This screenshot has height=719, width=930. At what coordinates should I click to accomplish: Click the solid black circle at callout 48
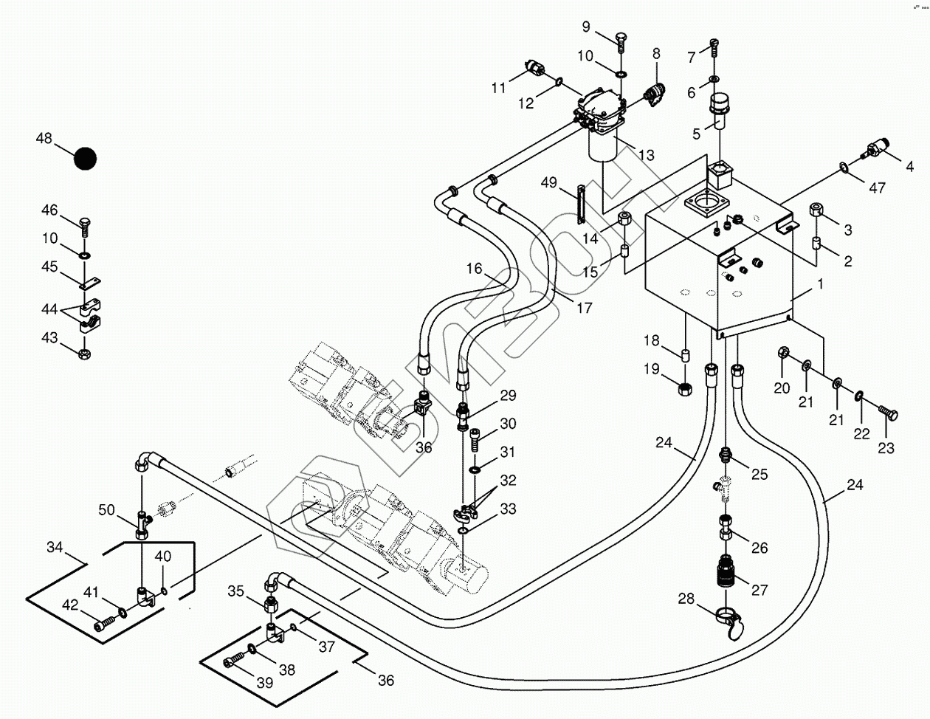pyautogui.click(x=85, y=159)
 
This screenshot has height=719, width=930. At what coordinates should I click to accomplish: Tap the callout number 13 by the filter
pyautogui.click(x=647, y=155)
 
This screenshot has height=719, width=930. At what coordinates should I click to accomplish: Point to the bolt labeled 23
pyautogui.click(x=886, y=414)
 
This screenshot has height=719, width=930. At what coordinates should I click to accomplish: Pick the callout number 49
pyautogui.click(x=549, y=182)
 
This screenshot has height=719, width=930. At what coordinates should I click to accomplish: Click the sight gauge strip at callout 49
pyautogui.click(x=568, y=203)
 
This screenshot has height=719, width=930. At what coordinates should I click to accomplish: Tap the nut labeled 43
pyautogui.click(x=84, y=353)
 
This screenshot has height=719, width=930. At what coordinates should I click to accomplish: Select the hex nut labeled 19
pyautogui.click(x=686, y=388)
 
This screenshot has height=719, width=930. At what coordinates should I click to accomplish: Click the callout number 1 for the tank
pyautogui.click(x=820, y=284)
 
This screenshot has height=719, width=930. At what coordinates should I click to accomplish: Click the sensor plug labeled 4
pyautogui.click(x=875, y=150)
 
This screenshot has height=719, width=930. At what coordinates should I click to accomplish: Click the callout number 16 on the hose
pyautogui.click(x=474, y=269)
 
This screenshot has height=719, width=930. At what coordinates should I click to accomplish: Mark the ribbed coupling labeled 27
pyautogui.click(x=726, y=572)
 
